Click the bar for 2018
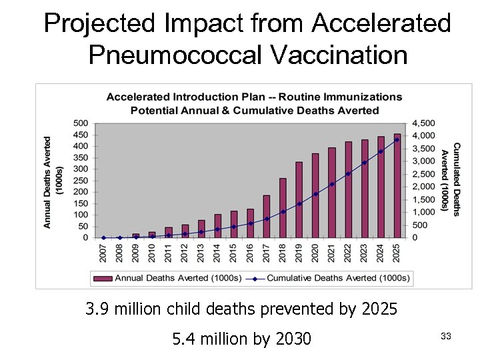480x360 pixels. click(283, 208)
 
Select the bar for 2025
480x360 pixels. click(397, 186)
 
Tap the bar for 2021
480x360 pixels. click(332, 193)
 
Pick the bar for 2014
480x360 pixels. click(217, 226)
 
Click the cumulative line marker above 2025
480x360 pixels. click(397, 140)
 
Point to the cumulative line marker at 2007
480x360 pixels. click(103, 237)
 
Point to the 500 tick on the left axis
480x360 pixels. click(80, 123)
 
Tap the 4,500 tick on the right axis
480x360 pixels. click(424, 123)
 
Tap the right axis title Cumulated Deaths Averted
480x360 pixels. click(451, 180)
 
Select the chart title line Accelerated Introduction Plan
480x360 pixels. click(254, 97)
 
